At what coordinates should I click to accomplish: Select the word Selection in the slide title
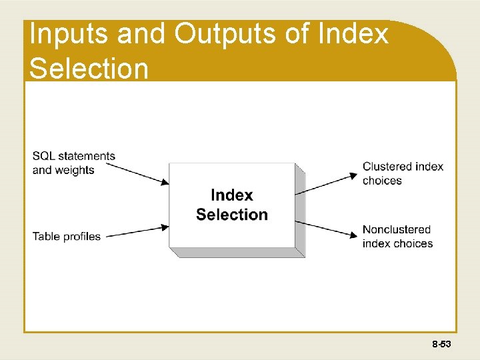pos(89,69)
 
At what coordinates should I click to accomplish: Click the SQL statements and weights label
pos(73,163)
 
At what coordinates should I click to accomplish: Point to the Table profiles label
pos(66,237)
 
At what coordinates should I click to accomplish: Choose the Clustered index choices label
pos(403,173)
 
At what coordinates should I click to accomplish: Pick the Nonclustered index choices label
pos(397,237)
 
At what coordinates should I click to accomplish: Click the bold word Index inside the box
pos(231,195)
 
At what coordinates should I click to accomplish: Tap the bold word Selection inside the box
pos(231,215)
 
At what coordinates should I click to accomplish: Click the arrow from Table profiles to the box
pos(137,231)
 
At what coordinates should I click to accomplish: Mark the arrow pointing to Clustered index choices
pos(327,184)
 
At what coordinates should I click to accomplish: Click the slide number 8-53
pos(441,345)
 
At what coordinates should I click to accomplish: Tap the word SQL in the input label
pos(43,156)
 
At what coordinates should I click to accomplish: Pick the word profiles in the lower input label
pos(81,237)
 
